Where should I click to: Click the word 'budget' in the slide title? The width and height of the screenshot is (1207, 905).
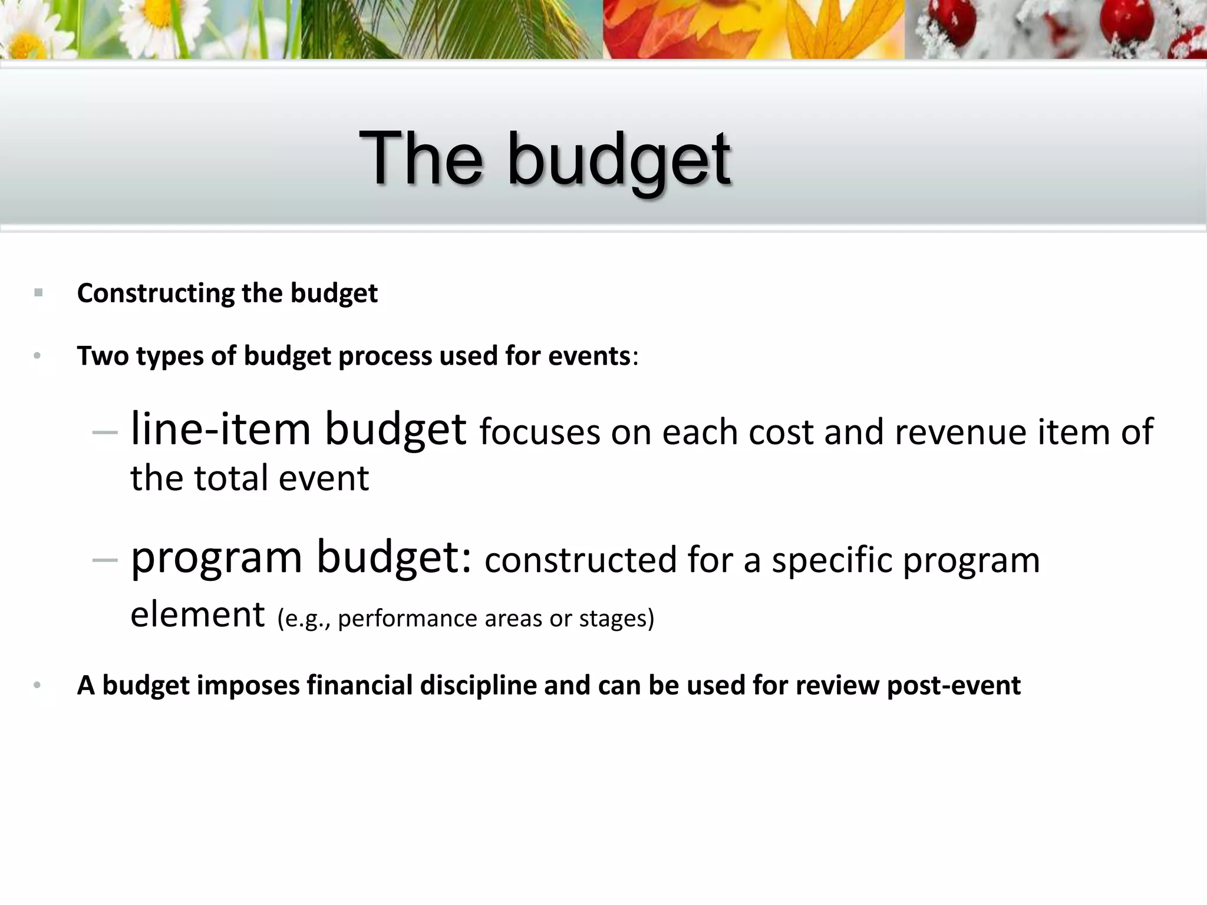click(619, 160)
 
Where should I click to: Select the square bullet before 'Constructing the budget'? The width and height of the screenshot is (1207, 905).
click(38, 292)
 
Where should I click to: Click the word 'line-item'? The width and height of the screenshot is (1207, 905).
click(220, 429)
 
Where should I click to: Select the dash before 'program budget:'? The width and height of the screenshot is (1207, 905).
click(105, 560)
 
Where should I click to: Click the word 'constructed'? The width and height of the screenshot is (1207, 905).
click(580, 560)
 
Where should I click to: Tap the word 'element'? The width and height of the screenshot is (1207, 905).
click(197, 615)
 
